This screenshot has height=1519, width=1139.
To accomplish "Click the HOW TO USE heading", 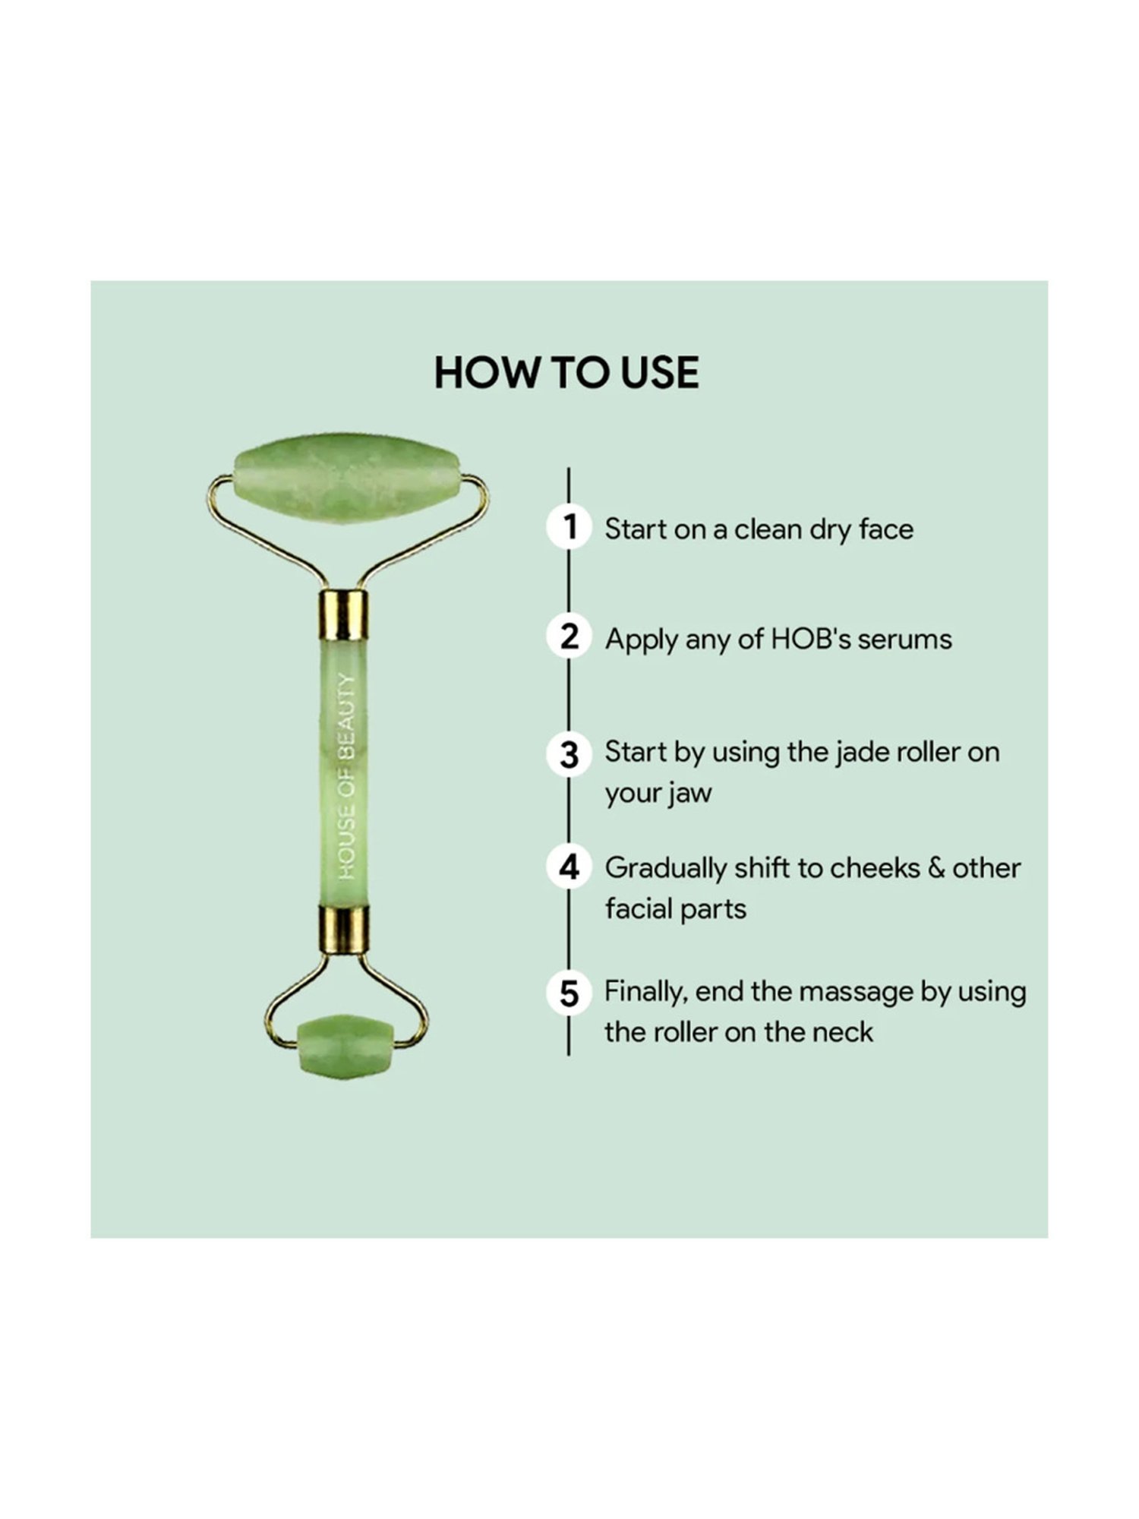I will (x=566, y=373).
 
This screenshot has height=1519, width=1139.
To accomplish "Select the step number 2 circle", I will (x=569, y=636).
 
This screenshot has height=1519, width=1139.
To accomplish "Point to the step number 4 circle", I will (x=569, y=867).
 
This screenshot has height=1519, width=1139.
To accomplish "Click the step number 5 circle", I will (x=569, y=993).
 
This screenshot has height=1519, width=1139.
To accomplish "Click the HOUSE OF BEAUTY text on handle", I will (x=347, y=776).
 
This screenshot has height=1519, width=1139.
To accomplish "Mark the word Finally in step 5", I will (x=645, y=992).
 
